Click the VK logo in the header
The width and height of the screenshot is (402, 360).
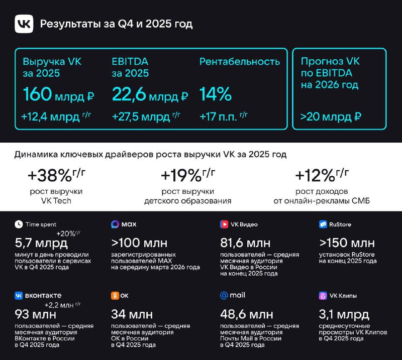click(24, 24)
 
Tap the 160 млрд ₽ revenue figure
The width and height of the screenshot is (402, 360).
click(58, 94)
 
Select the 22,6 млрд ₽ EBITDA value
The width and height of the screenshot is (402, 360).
click(150, 94)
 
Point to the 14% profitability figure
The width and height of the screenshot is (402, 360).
click(216, 94)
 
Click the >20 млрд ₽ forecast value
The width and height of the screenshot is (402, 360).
click(331, 117)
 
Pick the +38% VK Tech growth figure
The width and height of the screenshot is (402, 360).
click(55, 176)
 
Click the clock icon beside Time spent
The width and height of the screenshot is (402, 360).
click(19, 224)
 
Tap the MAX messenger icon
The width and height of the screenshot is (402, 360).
click(115, 224)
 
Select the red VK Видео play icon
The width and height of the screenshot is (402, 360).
click(224, 224)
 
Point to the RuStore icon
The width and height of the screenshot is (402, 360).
click(323, 224)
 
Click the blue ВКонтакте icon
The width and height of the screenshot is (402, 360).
click(19, 296)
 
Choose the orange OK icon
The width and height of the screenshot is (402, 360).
click(115, 296)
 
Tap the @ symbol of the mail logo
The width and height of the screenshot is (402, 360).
click(224, 296)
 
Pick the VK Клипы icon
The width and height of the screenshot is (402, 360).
click(323, 296)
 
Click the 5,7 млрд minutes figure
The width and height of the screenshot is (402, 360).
click(41, 244)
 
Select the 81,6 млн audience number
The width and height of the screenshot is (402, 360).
click(249, 244)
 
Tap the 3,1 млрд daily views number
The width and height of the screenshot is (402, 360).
click(344, 315)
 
